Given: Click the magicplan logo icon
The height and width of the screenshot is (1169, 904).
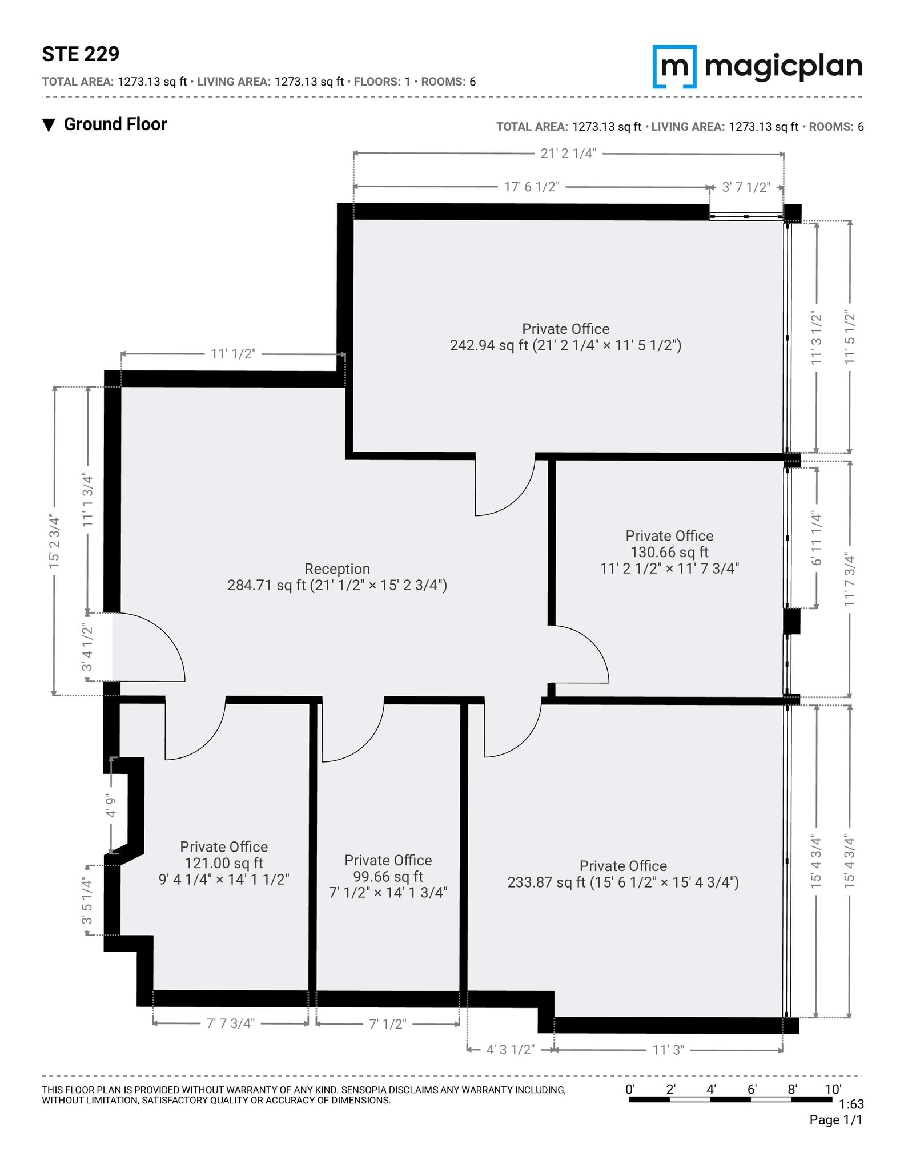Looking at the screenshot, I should (674, 66).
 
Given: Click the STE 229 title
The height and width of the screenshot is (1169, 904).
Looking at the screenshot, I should (81, 54).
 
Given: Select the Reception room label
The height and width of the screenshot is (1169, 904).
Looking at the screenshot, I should (337, 577).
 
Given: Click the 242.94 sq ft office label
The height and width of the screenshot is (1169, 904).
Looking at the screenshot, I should (565, 337).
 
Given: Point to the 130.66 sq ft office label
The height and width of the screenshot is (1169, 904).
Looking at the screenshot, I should (669, 551).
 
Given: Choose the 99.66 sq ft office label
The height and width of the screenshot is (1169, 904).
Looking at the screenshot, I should (388, 876).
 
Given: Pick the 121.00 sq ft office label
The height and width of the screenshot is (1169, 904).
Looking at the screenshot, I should (224, 862).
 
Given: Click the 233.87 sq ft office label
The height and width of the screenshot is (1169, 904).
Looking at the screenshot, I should (623, 874).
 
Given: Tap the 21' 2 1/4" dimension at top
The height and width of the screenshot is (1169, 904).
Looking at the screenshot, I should (568, 153).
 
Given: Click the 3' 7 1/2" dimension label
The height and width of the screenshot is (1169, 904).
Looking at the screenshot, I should (746, 187).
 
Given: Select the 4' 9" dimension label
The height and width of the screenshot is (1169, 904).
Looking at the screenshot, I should (111, 806).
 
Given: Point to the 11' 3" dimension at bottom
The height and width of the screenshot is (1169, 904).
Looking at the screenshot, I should (668, 1050).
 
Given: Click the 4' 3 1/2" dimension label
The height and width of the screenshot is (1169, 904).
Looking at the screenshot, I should (510, 1050).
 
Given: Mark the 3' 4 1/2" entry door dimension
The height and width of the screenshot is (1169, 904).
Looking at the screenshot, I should (87, 647).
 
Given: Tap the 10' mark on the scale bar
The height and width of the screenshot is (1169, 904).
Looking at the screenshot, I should (833, 1089).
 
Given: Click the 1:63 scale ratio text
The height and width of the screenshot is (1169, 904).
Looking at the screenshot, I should (851, 1104).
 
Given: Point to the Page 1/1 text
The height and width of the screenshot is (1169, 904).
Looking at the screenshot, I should (835, 1120).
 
